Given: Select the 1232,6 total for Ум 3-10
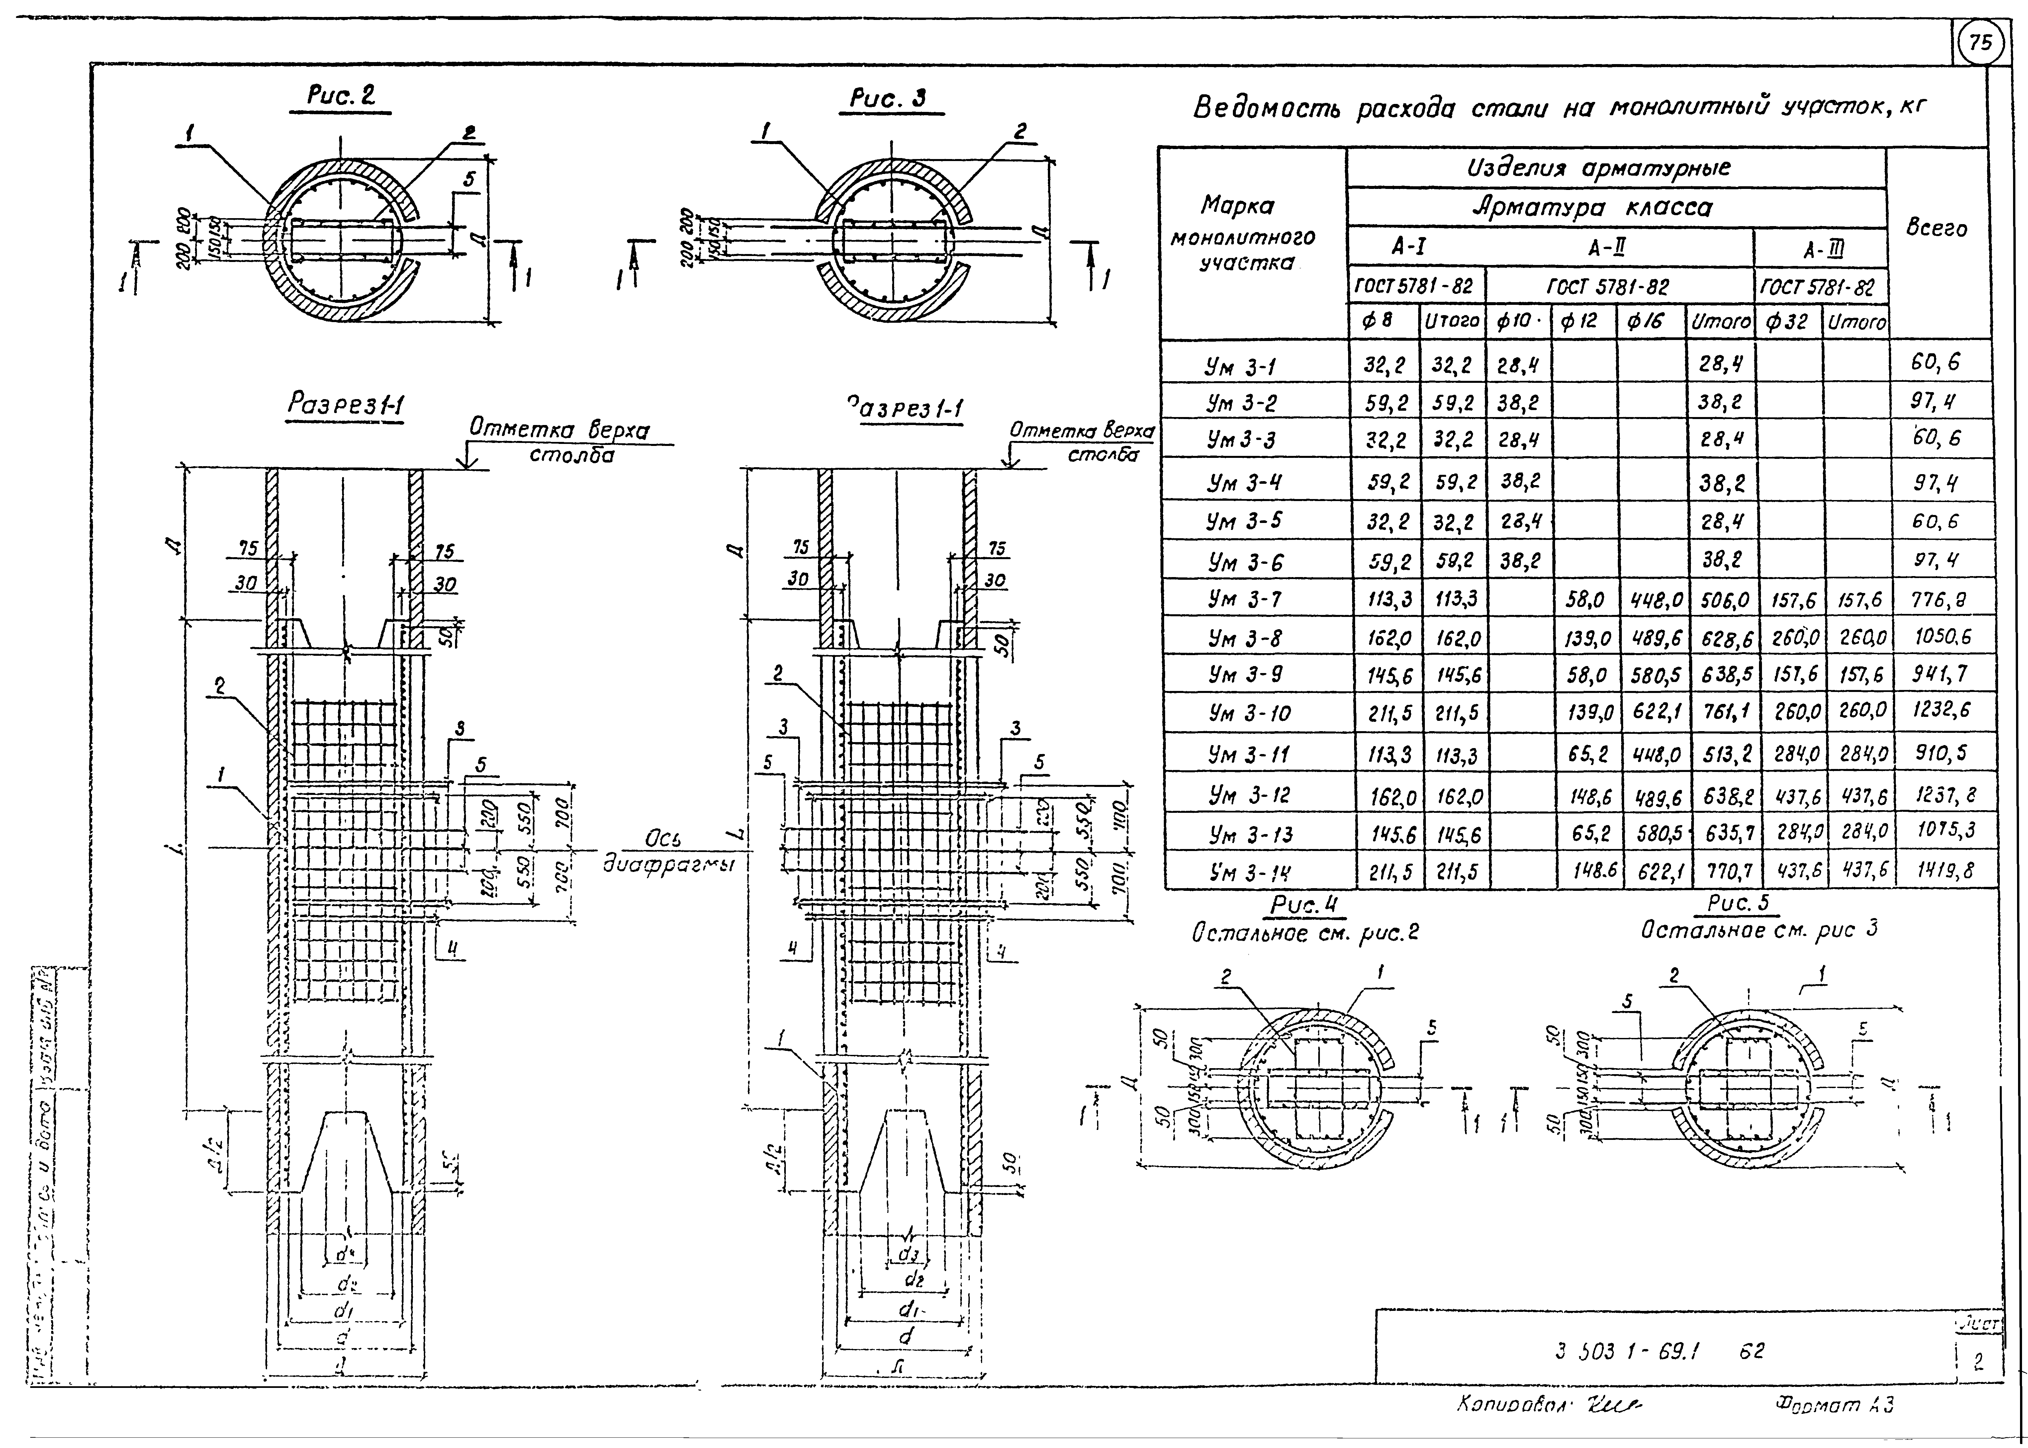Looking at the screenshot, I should coord(1941,711).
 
